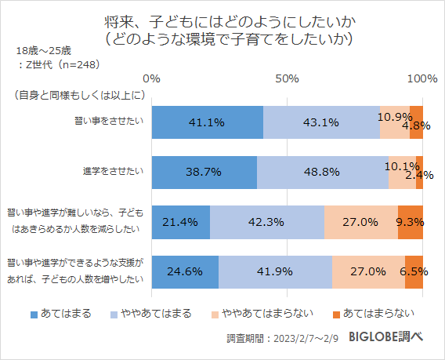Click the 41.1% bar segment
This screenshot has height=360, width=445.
point(207,122)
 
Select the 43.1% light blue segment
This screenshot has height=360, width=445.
point(321,122)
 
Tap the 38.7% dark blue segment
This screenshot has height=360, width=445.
point(204,172)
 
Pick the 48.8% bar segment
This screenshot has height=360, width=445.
point(323,172)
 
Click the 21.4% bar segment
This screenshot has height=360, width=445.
point(180,222)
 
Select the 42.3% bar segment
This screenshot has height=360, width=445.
point(266,222)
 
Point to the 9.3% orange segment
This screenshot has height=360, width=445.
point(411,222)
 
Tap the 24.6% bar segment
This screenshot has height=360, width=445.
point(185,271)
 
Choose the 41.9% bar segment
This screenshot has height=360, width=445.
point(275,271)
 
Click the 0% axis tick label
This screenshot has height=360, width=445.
point(152,79)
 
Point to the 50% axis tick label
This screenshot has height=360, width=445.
point(288,79)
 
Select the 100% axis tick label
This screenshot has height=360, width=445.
point(422,79)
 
